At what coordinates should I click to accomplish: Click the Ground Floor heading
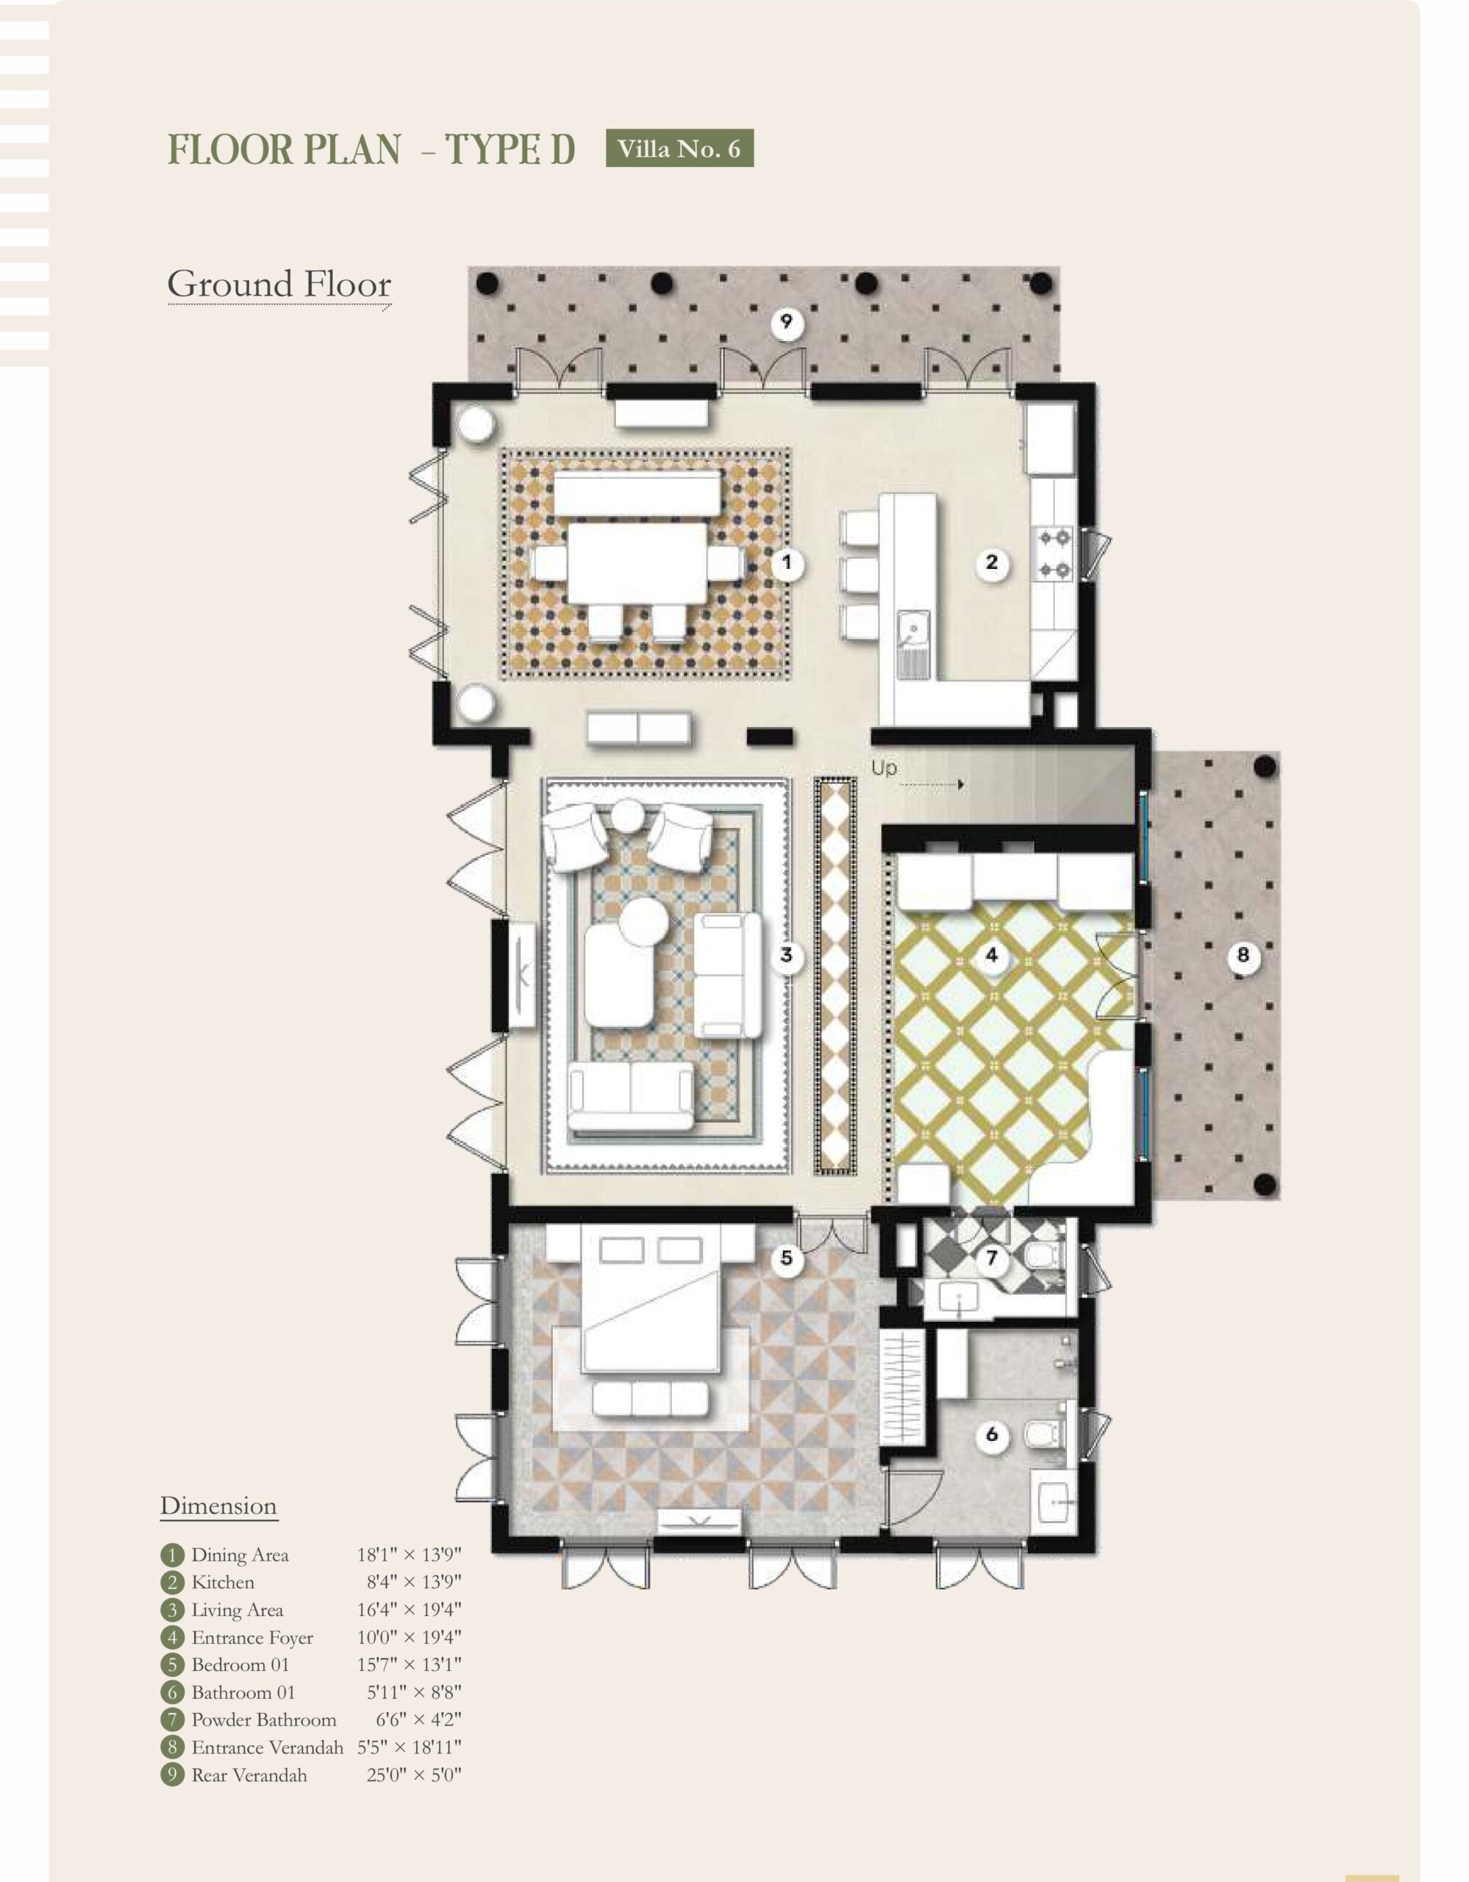pyautogui.click(x=279, y=285)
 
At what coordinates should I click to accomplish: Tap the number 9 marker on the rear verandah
pyautogui.click(x=786, y=324)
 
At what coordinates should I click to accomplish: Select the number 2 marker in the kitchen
pyautogui.click(x=992, y=562)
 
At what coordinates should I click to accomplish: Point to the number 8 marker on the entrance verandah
pyautogui.click(x=1243, y=955)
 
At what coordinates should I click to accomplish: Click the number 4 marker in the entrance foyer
pyautogui.click(x=992, y=955)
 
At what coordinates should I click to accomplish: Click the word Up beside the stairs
pyautogui.click(x=883, y=767)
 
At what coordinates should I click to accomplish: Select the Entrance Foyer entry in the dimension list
pyautogui.click(x=252, y=1637)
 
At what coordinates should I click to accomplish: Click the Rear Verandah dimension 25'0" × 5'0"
pyautogui.click(x=413, y=1775)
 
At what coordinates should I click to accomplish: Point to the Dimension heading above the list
pyautogui.click(x=219, y=1506)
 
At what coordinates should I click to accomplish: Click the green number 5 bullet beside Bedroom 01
pyautogui.click(x=172, y=1665)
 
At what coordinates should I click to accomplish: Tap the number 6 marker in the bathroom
pyautogui.click(x=992, y=1434)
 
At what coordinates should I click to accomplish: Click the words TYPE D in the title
pyautogui.click(x=510, y=149)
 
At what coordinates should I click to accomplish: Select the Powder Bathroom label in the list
pyautogui.click(x=264, y=1720)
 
